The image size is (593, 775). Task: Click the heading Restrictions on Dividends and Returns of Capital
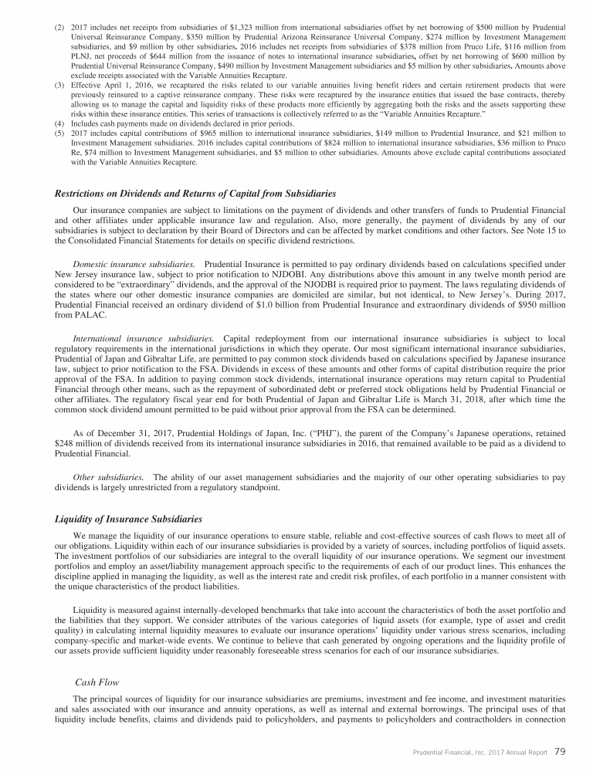[195, 193]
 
